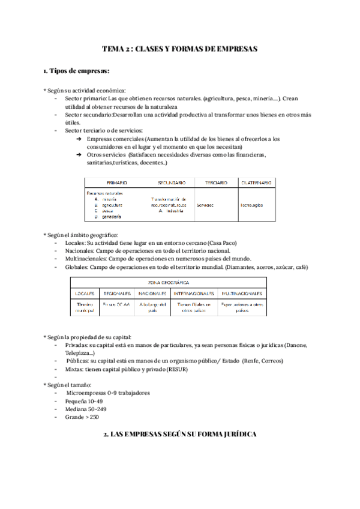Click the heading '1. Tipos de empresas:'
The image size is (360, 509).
76,71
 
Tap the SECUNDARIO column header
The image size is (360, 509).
171,182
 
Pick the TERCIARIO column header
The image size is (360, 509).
214,182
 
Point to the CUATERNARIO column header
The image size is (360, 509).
255,182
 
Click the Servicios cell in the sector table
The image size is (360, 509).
205,205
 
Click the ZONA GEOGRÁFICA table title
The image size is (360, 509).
168,282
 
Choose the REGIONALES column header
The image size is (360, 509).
117,294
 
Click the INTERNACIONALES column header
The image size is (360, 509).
194,294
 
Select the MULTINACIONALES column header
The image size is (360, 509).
242,294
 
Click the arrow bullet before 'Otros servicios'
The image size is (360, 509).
79,154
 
